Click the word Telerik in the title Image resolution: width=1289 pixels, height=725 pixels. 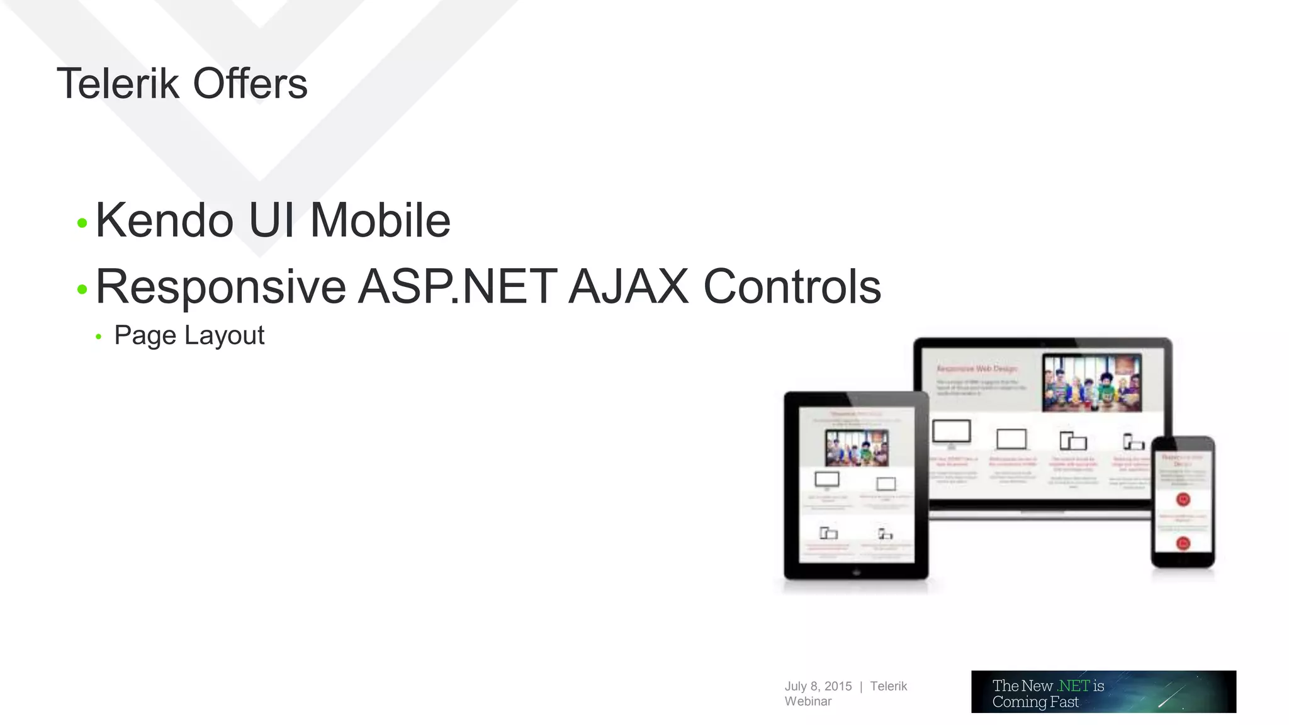click(118, 84)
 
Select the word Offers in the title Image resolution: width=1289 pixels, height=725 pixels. click(250, 84)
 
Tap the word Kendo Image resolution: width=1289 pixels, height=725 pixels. click(164, 221)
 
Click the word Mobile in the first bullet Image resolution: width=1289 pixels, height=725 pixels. click(380, 221)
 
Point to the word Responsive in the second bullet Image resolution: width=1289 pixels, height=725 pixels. click(220, 288)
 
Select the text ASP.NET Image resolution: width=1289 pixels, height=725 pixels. click(458, 288)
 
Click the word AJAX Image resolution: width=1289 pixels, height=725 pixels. click(628, 288)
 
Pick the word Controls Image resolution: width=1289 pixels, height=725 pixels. click(791, 288)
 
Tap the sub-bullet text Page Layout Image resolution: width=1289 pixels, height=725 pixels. click(189, 335)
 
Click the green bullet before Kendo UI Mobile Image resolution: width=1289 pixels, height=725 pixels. click(82, 223)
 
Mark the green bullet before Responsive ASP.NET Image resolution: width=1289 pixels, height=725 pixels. click(82, 289)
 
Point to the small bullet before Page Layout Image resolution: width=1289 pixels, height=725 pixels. click(98, 337)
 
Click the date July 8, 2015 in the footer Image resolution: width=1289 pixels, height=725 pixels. click(818, 686)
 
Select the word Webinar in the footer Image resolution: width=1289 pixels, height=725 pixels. click(808, 701)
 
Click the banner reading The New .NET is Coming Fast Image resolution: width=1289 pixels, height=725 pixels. click(1103, 692)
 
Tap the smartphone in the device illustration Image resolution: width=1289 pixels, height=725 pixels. click(1183, 502)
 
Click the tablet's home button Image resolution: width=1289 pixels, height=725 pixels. click(856, 573)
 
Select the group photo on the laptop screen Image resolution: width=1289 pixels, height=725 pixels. click(1091, 383)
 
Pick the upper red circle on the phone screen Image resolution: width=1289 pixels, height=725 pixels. click(1183, 500)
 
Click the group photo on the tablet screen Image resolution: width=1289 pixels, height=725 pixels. click(857, 447)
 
